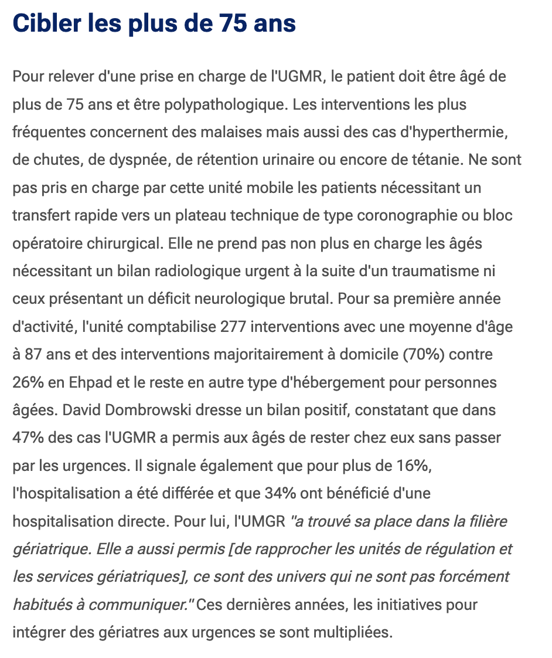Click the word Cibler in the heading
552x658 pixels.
(45, 23)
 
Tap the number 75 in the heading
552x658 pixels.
(217, 23)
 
